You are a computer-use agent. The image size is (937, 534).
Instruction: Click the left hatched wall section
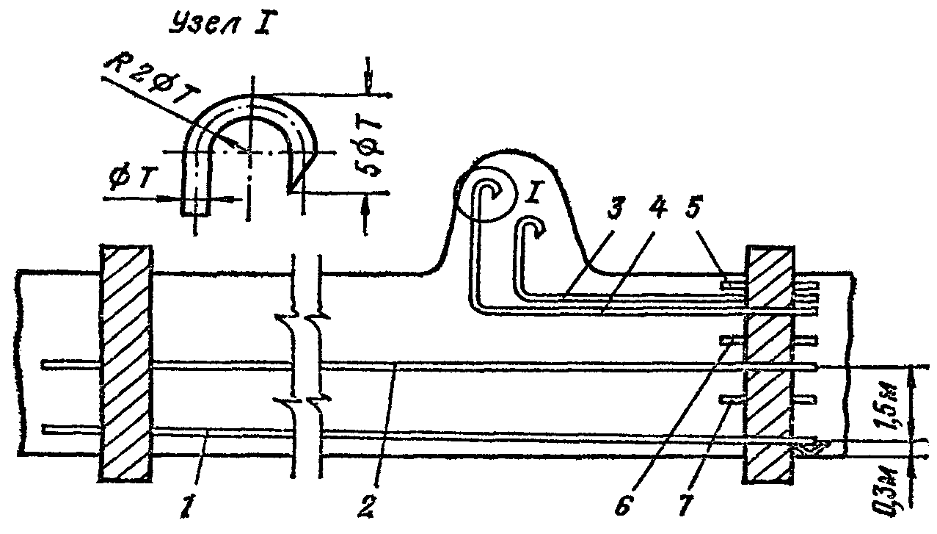click(126, 364)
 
